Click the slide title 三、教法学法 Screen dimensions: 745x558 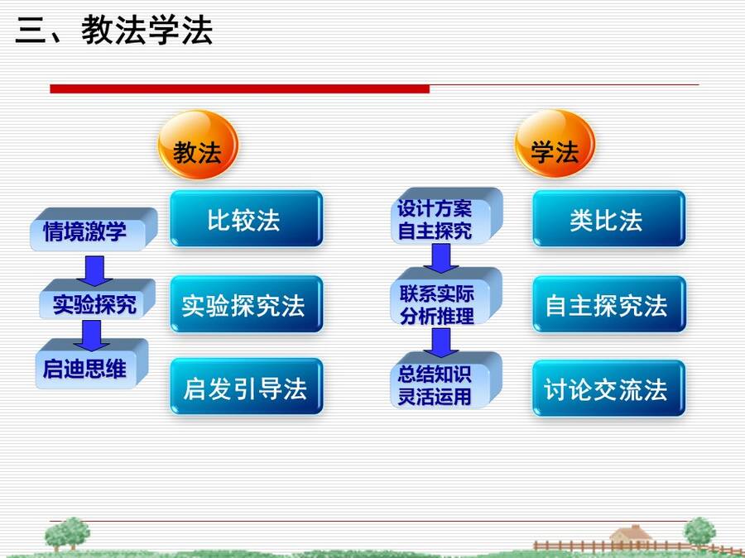(114, 30)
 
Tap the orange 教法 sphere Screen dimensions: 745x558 (198, 145)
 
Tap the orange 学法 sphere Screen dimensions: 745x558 (555, 143)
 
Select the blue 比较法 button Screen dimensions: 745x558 (247, 219)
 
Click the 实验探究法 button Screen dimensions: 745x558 (247, 304)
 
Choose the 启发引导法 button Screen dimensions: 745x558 (247, 387)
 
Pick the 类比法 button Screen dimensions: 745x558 (608, 219)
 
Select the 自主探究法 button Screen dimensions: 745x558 (608, 304)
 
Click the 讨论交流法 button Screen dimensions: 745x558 (608, 389)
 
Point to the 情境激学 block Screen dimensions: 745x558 (94, 229)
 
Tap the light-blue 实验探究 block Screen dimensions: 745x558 (98, 299)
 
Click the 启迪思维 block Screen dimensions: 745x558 (92, 364)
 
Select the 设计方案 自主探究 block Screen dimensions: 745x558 (447, 216)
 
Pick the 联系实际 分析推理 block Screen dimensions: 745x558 (447, 297)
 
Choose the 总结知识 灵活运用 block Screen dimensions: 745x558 (447, 380)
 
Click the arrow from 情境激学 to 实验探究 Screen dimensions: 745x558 (94, 271)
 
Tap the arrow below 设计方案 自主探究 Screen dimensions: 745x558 (441, 259)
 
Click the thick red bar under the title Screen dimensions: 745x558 (239, 88)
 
